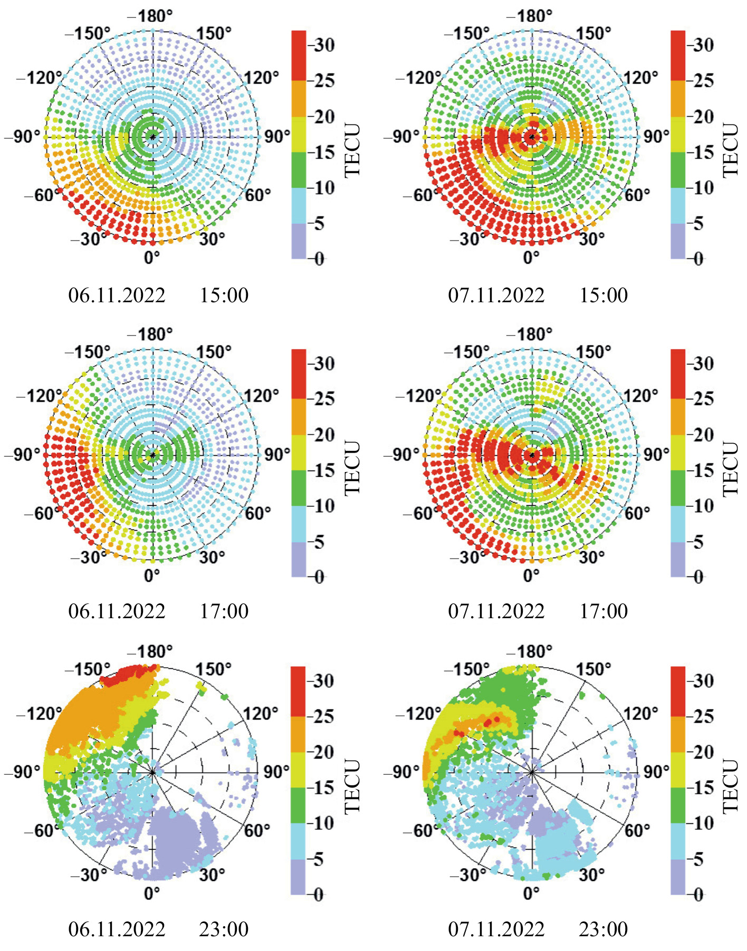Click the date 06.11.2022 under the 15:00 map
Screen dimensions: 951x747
point(117,295)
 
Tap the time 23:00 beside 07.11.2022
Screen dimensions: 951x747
point(604,929)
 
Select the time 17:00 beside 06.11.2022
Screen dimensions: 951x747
point(224,611)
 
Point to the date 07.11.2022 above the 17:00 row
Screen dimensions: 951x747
point(496,611)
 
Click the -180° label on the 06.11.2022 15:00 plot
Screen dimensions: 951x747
point(150,16)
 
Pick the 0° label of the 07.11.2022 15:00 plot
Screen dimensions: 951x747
point(531,257)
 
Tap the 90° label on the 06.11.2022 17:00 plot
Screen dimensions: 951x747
point(276,454)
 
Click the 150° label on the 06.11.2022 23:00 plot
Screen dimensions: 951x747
point(213,669)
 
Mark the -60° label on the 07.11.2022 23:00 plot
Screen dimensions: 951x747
point(417,831)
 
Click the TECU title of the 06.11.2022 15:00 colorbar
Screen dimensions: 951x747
point(352,150)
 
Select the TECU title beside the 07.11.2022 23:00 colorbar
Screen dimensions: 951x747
point(731,786)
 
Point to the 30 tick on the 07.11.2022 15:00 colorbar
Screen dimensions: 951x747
point(703,45)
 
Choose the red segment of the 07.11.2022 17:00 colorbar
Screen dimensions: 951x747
point(678,373)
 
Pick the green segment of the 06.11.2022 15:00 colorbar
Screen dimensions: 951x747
point(299,170)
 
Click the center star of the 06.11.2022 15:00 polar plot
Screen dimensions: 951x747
point(152,137)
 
